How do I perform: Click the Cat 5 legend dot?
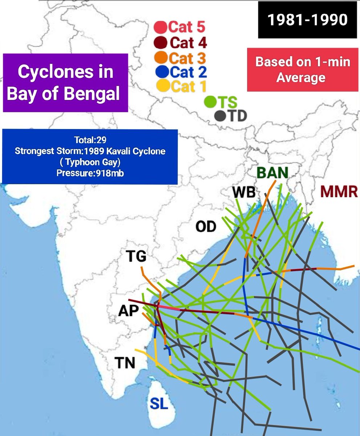point(160,27)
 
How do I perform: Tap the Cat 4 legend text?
point(188,43)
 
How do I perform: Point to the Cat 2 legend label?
point(188,72)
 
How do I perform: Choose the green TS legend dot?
point(209,102)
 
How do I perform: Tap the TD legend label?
point(237,116)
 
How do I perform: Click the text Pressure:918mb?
point(90,173)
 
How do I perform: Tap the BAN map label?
point(272,173)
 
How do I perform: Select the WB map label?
point(244,193)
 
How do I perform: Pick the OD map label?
point(206,227)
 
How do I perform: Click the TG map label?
point(136,257)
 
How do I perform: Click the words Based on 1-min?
point(303,62)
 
